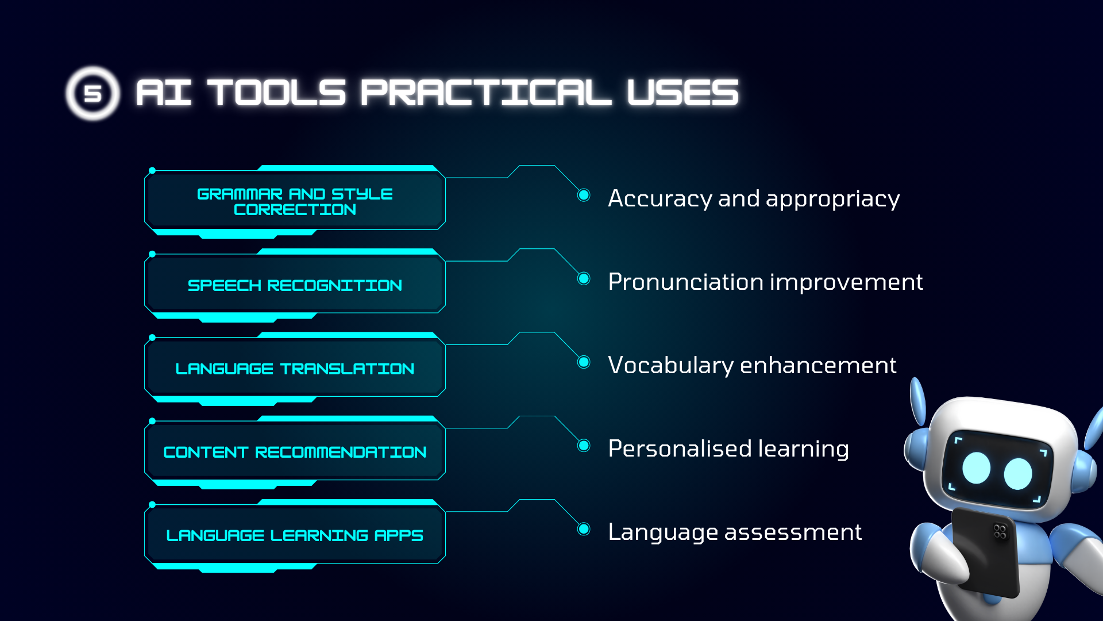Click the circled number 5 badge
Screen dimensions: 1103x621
[x=92, y=93]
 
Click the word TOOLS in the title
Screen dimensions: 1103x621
[x=276, y=93]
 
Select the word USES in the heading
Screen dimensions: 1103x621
[x=682, y=93]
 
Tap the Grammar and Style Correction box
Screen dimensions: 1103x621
[x=295, y=201]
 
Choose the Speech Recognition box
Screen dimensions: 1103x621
[x=295, y=285]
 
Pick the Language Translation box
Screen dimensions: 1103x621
[x=295, y=368]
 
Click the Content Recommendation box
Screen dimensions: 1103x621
[x=295, y=451]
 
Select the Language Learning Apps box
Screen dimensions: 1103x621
[x=295, y=535]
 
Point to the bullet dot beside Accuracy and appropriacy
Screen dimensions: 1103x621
[x=584, y=195]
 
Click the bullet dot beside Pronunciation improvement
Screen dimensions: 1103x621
[x=584, y=278]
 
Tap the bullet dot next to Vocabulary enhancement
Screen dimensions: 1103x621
[x=584, y=362]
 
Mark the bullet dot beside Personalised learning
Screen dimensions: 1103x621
[x=584, y=445]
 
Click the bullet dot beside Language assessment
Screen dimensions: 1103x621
[x=584, y=528]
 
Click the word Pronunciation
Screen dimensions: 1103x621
[x=685, y=282]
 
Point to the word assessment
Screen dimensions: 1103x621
[x=793, y=532]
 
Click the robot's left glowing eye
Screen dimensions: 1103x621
[x=977, y=468]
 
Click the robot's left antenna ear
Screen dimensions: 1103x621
[x=917, y=401]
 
